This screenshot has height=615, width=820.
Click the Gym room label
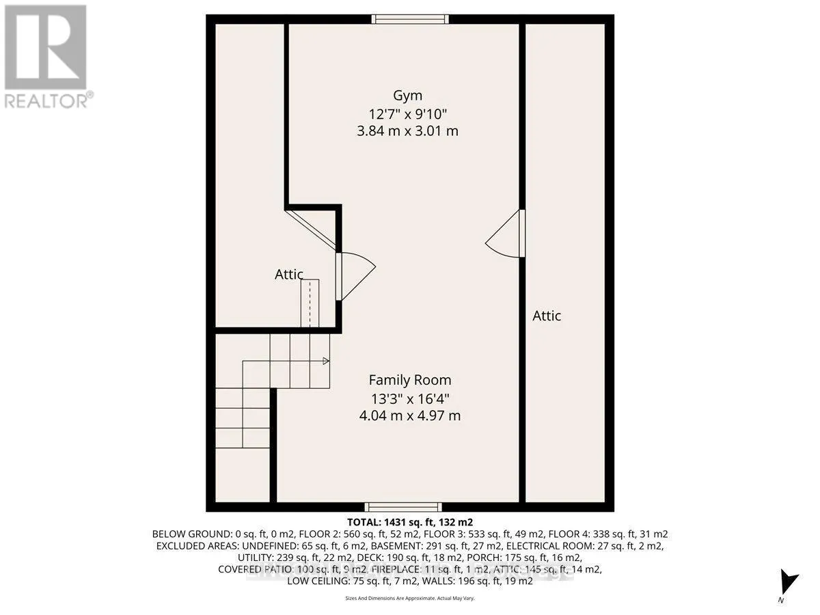[407, 95]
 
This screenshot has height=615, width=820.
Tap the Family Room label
[410, 380]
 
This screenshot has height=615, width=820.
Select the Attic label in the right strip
[547, 316]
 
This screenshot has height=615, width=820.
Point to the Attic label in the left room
[289, 275]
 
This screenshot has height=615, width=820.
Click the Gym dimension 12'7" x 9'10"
[407, 113]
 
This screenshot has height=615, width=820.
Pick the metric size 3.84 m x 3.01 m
[407, 131]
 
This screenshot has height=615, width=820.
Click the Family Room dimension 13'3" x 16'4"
[410, 398]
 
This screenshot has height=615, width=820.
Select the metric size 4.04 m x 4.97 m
[410, 415]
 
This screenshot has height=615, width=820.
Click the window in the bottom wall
[392, 507]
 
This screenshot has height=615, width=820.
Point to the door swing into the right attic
[506, 234]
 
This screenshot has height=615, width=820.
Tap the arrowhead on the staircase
[326, 361]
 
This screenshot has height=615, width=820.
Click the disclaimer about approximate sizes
[409, 599]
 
